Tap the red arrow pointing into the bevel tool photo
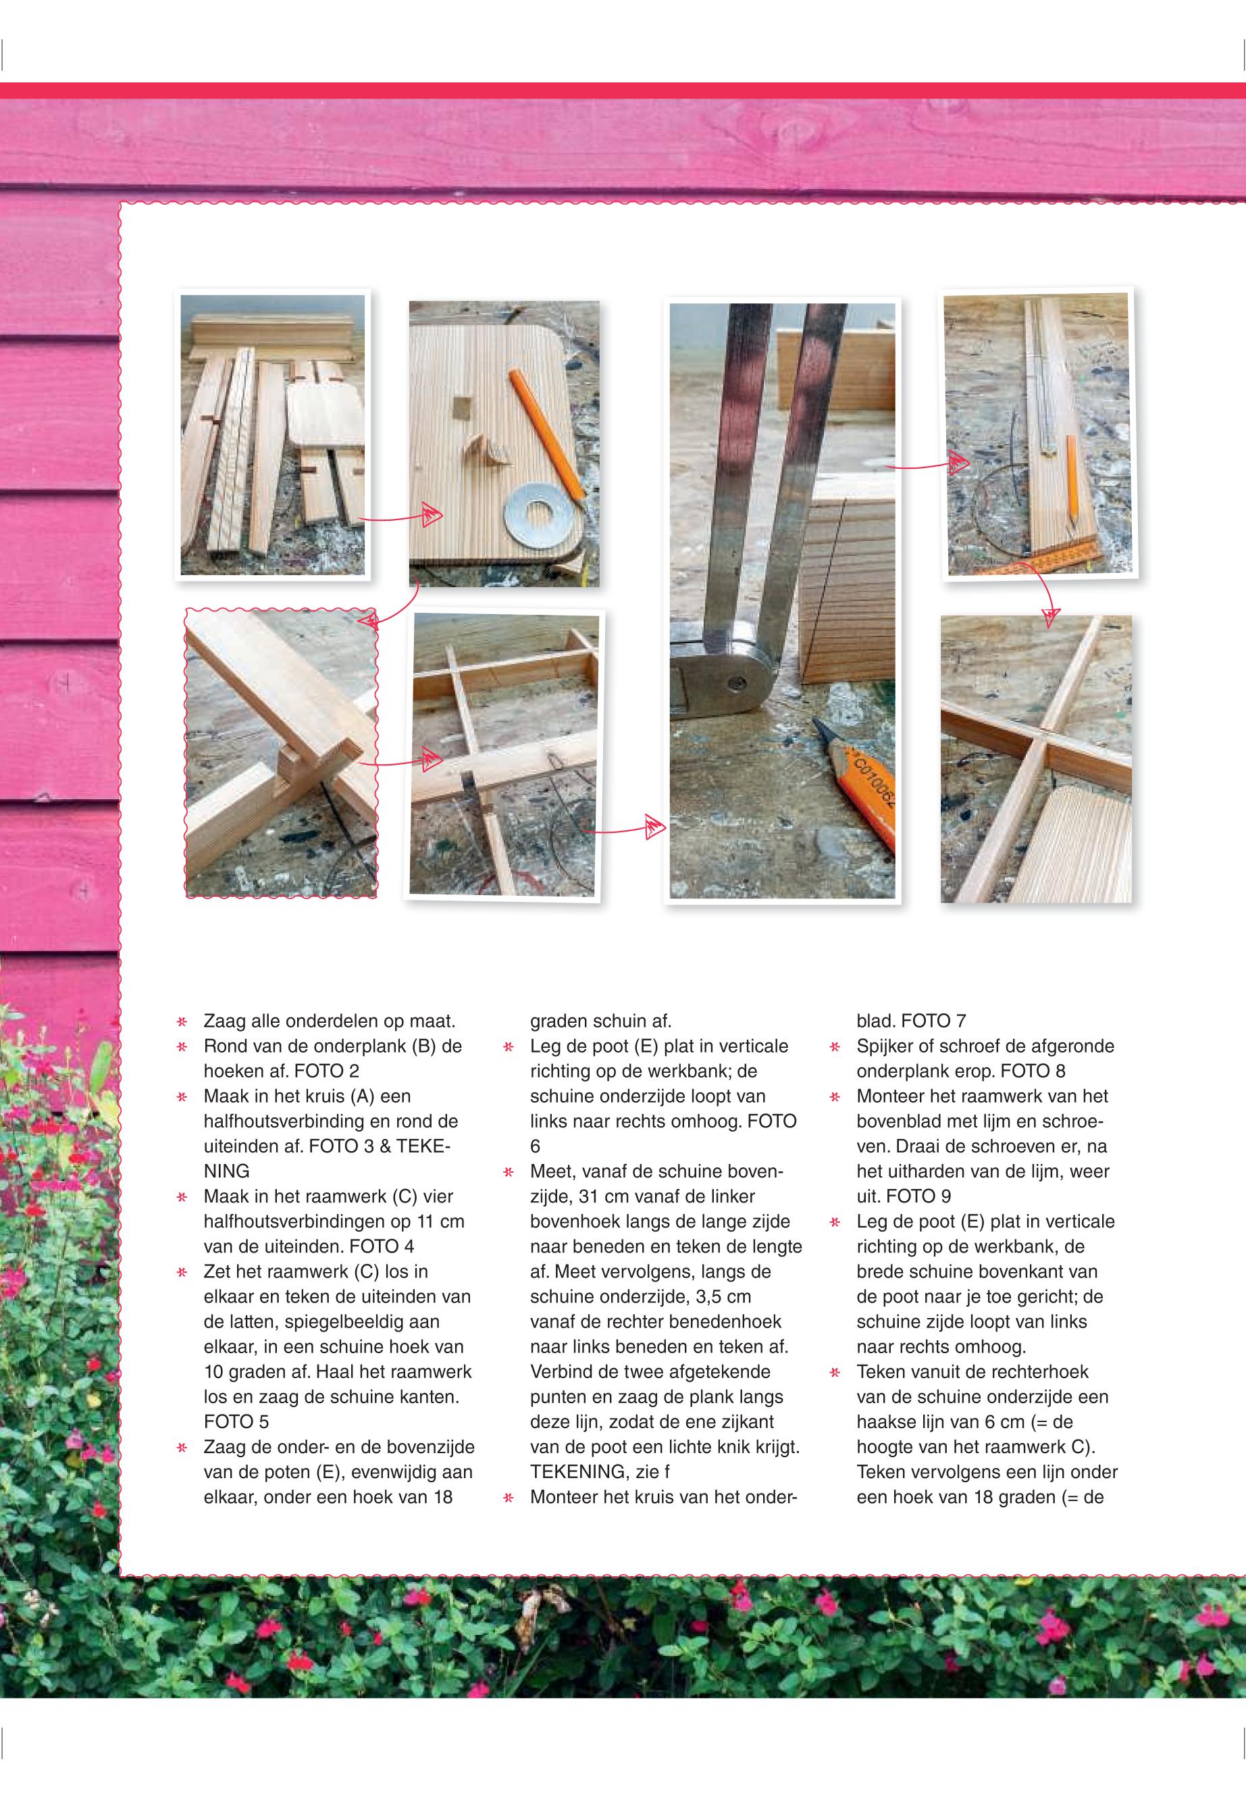623,827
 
